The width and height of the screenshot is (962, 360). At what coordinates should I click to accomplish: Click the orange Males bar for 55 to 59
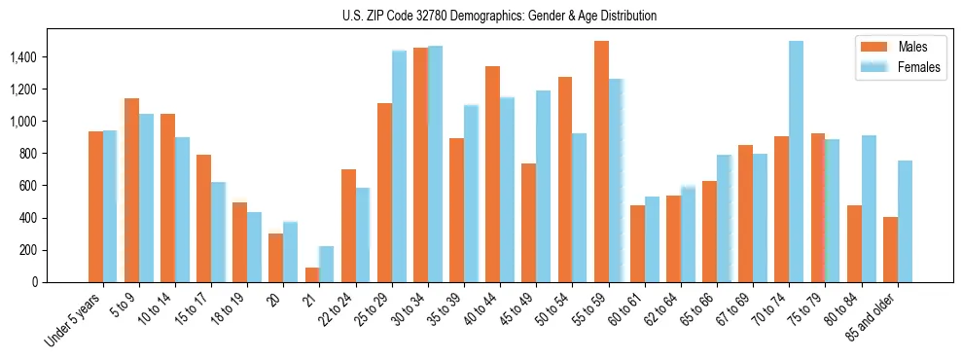click(601, 162)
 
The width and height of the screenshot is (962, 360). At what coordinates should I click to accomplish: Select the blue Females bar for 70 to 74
click(796, 162)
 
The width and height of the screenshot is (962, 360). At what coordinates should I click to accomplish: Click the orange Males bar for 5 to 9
click(131, 191)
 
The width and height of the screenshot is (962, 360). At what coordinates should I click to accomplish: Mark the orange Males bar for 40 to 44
click(493, 174)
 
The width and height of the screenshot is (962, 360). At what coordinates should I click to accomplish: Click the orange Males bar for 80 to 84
click(854, 244)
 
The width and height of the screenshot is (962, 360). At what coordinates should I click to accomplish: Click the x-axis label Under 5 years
click(73, 319)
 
